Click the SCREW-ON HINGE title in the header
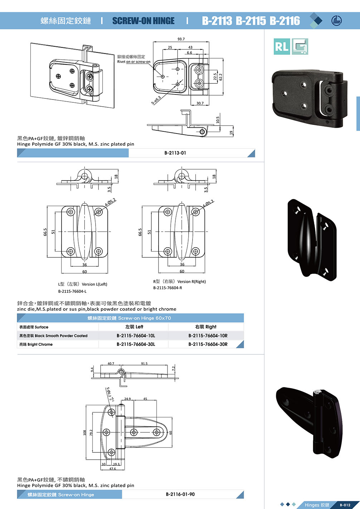143,21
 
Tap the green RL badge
282,47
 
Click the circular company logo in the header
336,21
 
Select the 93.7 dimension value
181,39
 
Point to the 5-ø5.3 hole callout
156,100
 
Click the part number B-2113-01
175,153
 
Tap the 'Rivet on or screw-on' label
134,62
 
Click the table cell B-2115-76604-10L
136,336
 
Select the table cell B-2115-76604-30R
208,344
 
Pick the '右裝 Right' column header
206,327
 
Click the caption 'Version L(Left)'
94,284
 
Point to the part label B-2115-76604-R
167,288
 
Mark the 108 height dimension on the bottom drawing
85,433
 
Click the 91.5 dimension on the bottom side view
144,364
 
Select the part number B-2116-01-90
180,494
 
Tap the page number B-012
345,505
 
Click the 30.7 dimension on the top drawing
200,103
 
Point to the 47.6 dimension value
113,469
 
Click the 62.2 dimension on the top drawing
220,77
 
